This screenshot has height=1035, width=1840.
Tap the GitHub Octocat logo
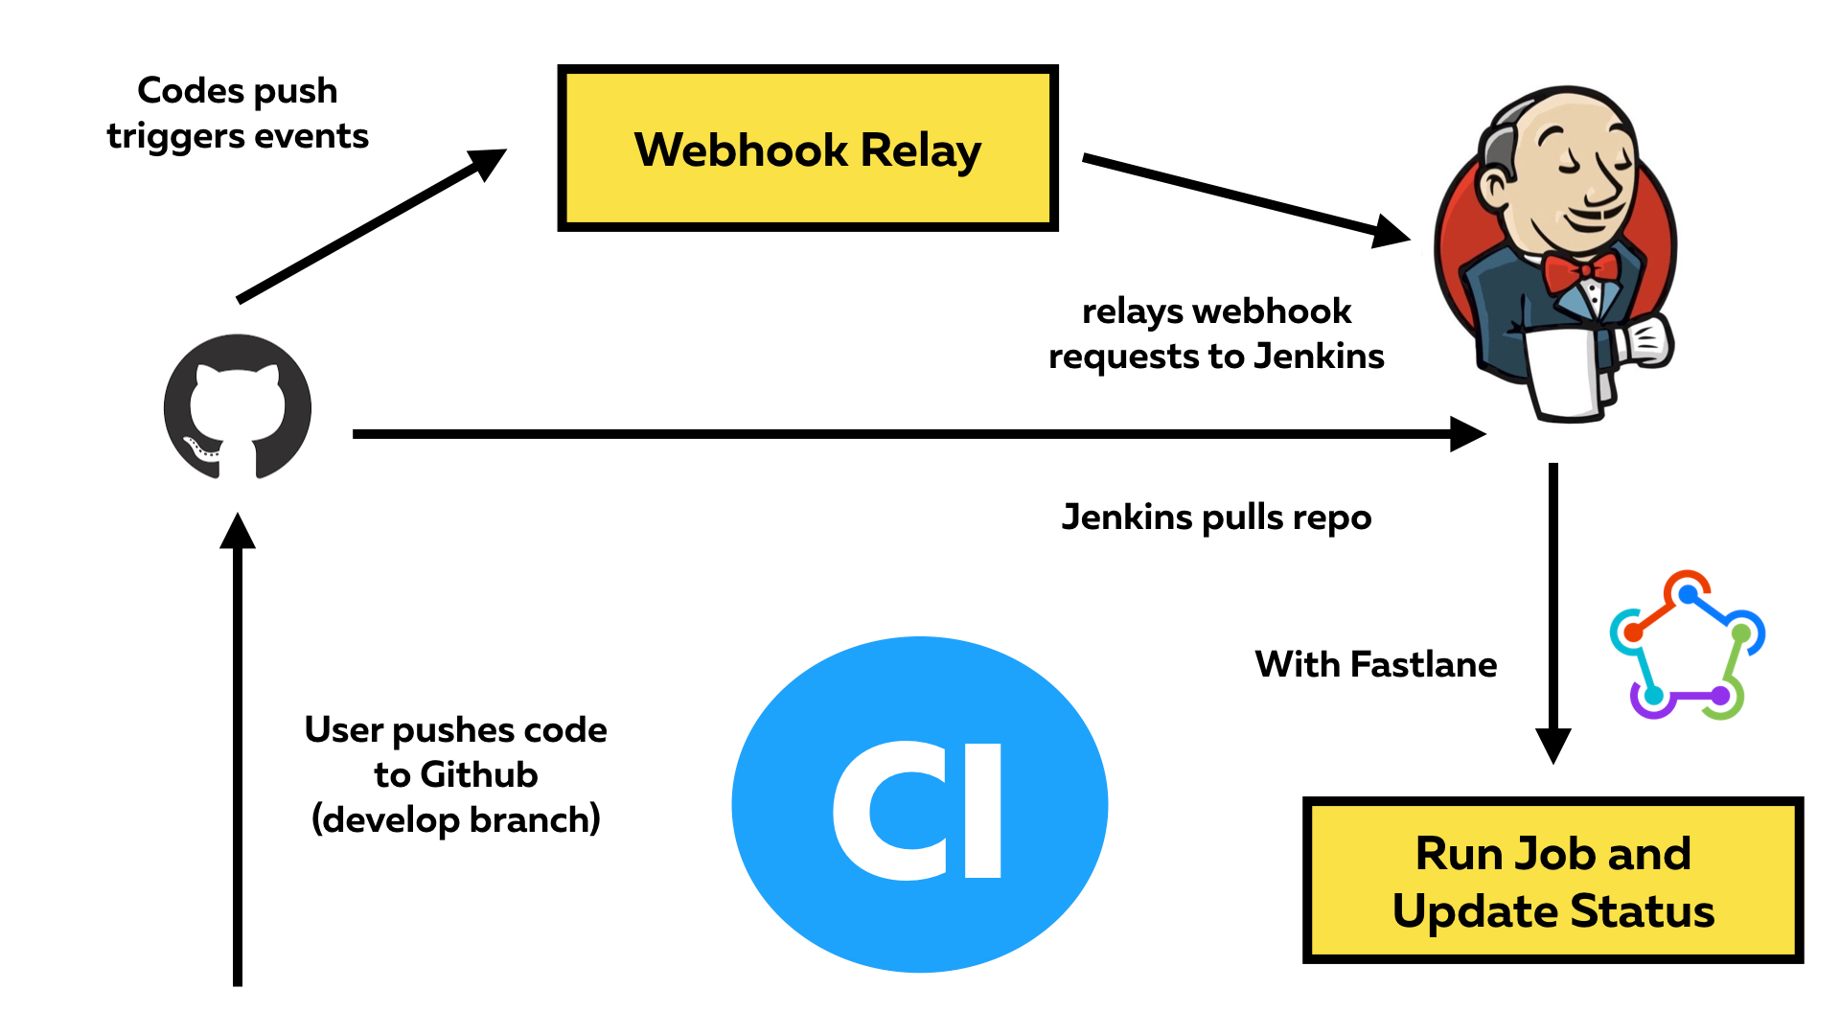(x=238, y=407)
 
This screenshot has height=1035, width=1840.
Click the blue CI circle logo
(x=919, y=805)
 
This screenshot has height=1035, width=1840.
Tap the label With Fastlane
(x=1375, y=664)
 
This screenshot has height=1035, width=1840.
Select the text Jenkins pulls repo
(x=1216, y=517)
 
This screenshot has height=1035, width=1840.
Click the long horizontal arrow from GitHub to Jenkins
(x=910, y=434)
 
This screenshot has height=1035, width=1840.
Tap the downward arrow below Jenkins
(x=1553, y=613)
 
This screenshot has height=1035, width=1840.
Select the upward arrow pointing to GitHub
(x=238, y=747)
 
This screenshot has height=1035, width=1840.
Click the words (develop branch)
(x=455, y=820)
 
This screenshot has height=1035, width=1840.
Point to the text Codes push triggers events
(x=238, y=113)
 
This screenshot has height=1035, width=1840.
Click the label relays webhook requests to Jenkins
(x=1216, y=333)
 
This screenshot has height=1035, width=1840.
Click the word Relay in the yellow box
(x=920, y=150)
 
